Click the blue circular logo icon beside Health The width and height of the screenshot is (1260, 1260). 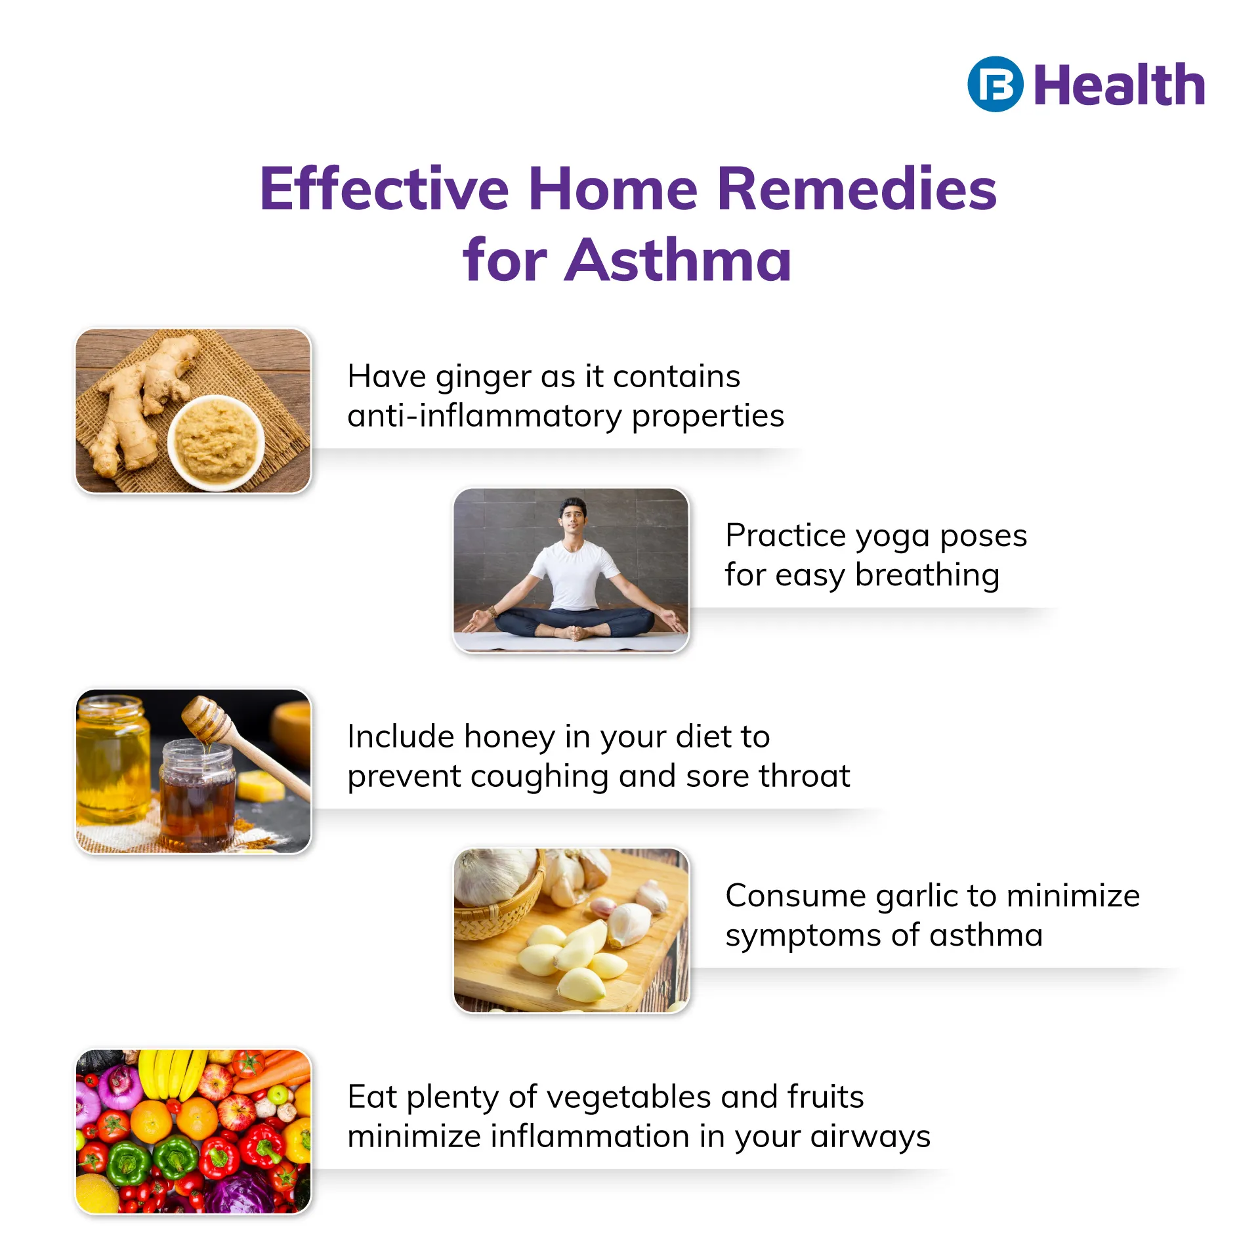coord(995,85)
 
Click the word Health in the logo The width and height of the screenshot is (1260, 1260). coord(1120,85)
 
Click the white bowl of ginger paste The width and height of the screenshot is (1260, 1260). coord(216,443)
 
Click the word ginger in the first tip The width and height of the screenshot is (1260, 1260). coord(484,378)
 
